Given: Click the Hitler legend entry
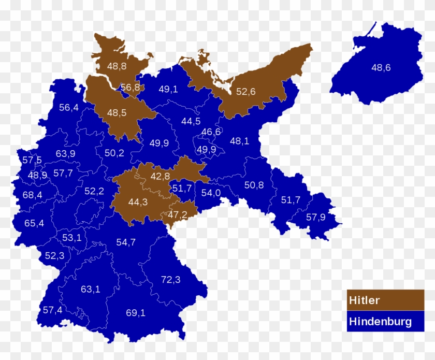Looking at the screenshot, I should point(385,300).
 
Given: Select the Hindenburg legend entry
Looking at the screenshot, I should point(385,321).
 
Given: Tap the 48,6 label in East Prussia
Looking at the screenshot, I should point(381,67).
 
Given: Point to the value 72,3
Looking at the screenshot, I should point(170,280).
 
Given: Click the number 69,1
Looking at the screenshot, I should point(136,313).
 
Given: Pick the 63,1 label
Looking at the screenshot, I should point(91,289).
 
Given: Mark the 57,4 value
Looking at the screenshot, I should point(52,310).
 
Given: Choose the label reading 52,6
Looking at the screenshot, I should point(246,92).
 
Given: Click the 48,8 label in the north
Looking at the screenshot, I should point(117,66).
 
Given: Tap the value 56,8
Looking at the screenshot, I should point(130,88).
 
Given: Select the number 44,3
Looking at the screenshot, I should point(138,202).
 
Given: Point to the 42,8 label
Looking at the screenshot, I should point(160,176).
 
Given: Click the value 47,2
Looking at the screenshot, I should point(178,213).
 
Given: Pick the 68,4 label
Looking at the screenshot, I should point(32,195).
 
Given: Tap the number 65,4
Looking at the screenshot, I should point(34,223).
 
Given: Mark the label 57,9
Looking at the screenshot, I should point(315,217).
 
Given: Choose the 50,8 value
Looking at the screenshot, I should point(254,185).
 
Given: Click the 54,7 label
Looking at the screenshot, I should point(126,242).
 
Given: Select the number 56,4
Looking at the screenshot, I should point(69,108).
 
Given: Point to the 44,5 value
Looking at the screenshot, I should point(191,121).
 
